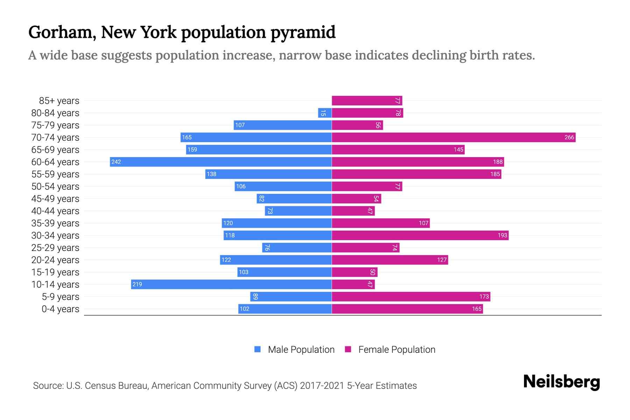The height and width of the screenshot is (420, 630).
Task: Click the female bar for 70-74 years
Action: (x=453, y=137)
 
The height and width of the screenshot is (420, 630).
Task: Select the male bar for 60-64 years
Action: (x=220, y=162)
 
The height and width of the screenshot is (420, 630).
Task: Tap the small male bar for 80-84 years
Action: (x=325, y=113)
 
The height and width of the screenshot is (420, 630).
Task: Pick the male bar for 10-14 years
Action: (x=231, y=284)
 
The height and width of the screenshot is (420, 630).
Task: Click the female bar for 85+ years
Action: (x=367, y=100)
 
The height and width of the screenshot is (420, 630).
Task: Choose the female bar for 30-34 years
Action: (x=420, y=235)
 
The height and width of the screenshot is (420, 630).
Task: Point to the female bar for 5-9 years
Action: (x=411, y=296)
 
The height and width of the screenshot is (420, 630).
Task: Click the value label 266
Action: (x=569, y=137)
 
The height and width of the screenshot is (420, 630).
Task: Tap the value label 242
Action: (x=116, y=162)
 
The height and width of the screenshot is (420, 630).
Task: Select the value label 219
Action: (x=137, y=284)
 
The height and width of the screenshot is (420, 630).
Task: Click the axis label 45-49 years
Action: (x=55, y=198)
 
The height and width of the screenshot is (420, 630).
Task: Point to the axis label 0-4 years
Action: (x=60, y=309)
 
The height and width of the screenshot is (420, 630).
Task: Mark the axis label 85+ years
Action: (x=59, y=100)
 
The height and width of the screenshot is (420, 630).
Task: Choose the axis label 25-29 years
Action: (x=55, y=247)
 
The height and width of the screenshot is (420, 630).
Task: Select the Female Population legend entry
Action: (x=390, y=349)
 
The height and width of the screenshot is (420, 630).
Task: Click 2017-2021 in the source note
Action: (x=322, y=385)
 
